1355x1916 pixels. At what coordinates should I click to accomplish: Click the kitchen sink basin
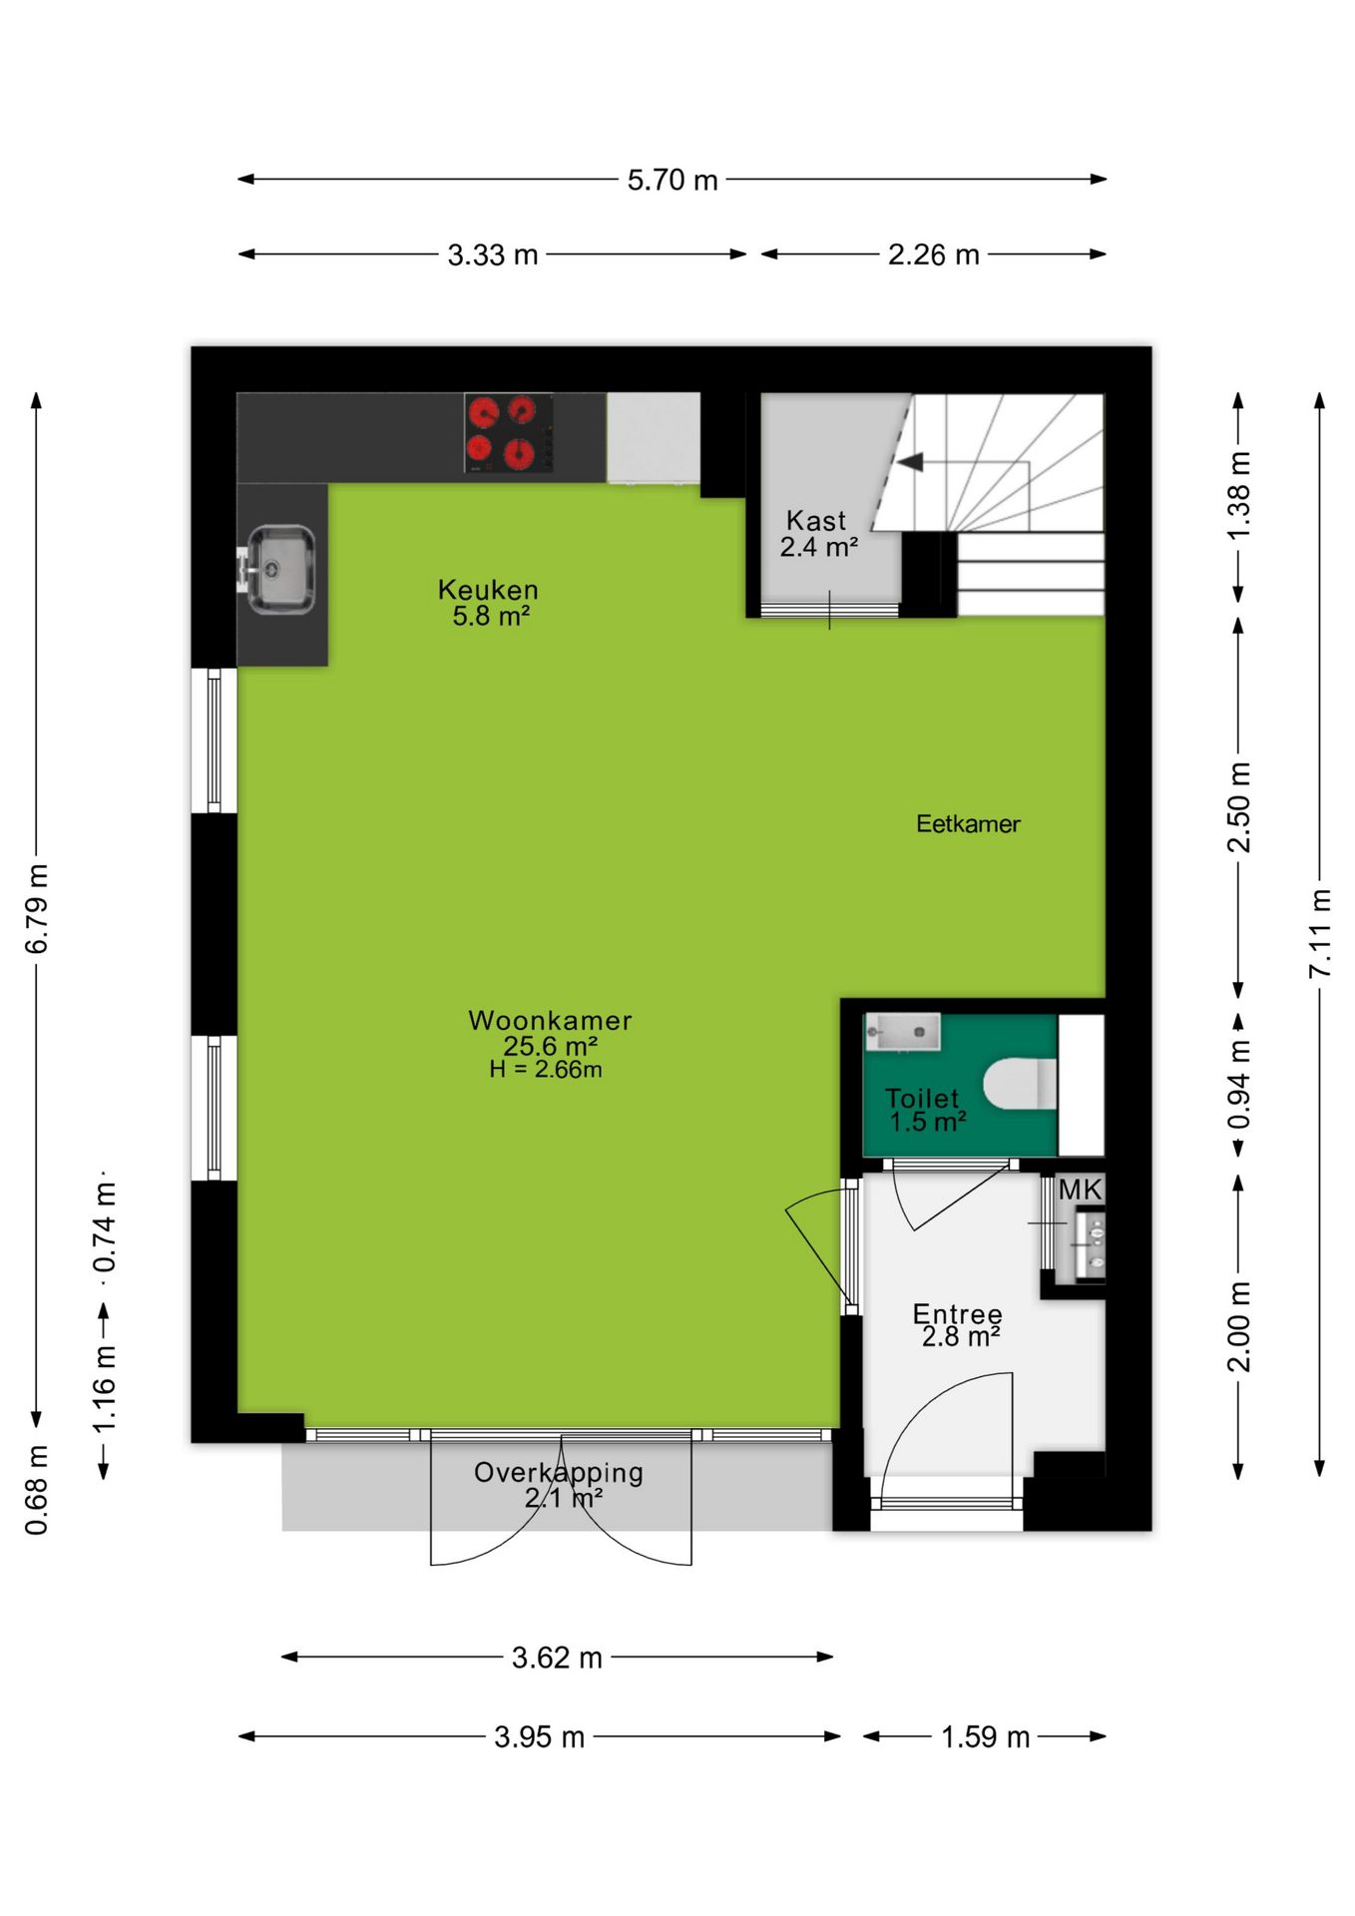click(281, 569)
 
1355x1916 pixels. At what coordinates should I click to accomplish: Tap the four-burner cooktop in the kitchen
click(509, 432)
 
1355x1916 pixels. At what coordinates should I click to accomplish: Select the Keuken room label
click(488, 590)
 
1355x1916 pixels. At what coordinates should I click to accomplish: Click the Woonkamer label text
click(550, 1021)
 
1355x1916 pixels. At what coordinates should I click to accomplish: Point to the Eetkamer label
click(968, 823)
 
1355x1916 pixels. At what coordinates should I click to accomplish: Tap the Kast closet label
click(816, 520)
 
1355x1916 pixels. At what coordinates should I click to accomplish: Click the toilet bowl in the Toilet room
click(1020, 1084)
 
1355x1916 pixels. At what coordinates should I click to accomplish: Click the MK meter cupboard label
click(1080, 1190)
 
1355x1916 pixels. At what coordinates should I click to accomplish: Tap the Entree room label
click(957, 1313)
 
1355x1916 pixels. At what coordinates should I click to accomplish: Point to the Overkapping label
click(558, 1472)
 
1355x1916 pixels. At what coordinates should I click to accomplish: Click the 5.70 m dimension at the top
click(673, 180)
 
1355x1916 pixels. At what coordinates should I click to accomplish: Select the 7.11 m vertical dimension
click(1320, 933)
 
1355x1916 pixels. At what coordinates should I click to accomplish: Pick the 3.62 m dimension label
click(557, 1658)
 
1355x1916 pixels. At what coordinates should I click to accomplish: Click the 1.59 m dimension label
click(985, 1736)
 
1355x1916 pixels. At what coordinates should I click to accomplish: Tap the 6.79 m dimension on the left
click(37, 909)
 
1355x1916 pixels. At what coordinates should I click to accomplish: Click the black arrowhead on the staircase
click(910, 462)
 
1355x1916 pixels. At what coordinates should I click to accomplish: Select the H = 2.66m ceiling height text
click(546, 1070)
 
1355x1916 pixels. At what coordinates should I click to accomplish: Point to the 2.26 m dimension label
click(934, 254)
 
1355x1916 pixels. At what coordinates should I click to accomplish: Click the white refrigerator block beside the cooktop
click(654, 437)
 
